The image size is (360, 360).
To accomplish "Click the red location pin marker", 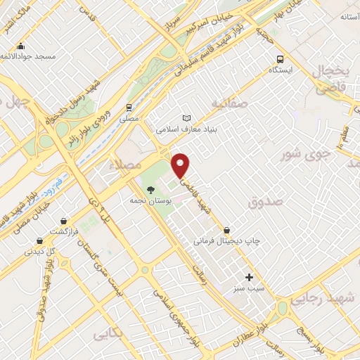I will (x=181, y=165).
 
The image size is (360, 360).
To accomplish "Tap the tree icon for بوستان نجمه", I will (x=150, y=188).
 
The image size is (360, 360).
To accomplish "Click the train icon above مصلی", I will (x=128, y=108).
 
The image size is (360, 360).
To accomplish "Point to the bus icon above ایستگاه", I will (x=281, y=59).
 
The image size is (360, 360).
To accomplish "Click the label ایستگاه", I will (x=281, y=71).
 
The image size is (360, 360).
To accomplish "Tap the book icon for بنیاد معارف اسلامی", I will (x=186, y=117).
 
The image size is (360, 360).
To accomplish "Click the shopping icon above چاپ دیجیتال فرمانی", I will (x=226, y=230).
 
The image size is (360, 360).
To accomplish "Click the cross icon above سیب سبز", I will (x=248, y=277).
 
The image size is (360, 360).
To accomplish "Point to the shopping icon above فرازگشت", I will (x=64, y=220).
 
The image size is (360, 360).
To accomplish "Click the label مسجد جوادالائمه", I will (x=28, y=56).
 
